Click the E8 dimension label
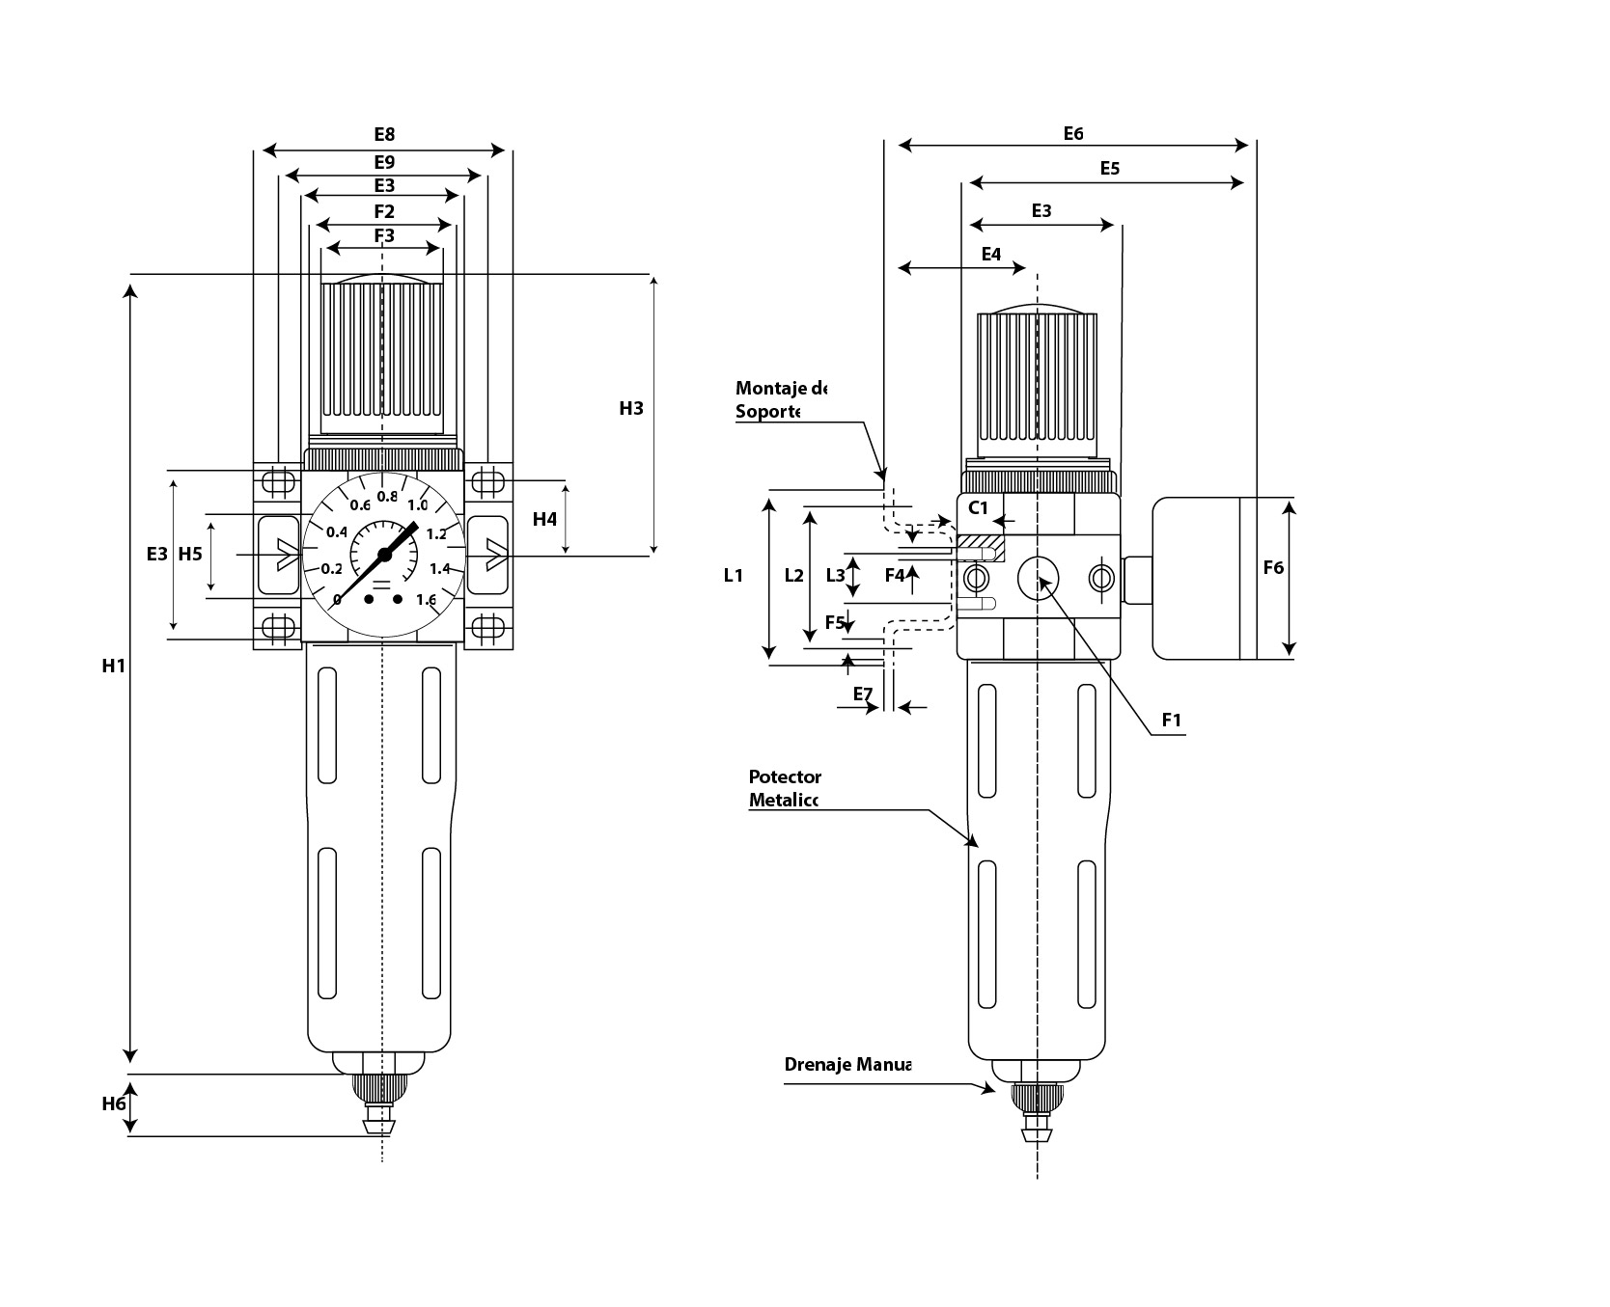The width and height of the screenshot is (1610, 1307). [384, 134]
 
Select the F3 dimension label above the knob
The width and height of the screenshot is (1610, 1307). [384, 235]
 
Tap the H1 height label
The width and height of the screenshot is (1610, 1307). [114, 665]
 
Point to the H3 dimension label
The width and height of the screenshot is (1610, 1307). [630, 408]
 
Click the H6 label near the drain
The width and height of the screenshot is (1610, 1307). [114, 1103]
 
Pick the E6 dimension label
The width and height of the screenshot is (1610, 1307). [1073, 133]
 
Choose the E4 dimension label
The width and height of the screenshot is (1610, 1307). [991, 255]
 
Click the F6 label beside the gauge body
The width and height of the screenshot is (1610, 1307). [1273, 568]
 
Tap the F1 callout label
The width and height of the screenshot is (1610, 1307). [1172, 720]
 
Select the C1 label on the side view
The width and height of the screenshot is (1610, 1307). [979, 508]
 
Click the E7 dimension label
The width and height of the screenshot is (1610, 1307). [863, 694]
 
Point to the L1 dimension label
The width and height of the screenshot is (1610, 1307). [734, 576]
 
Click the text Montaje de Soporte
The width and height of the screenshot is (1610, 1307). [780, 399]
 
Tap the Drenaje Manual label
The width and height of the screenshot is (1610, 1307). [847, 1065]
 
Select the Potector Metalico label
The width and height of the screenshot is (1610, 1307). [784, 788]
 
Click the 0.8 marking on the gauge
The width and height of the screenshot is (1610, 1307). [387, 497]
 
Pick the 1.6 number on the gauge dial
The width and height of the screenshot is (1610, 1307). [426, 600]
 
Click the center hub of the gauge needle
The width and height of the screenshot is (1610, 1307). [384, 555]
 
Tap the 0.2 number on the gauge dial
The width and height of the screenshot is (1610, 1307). [331, 569]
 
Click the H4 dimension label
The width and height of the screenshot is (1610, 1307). [544, 519]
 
